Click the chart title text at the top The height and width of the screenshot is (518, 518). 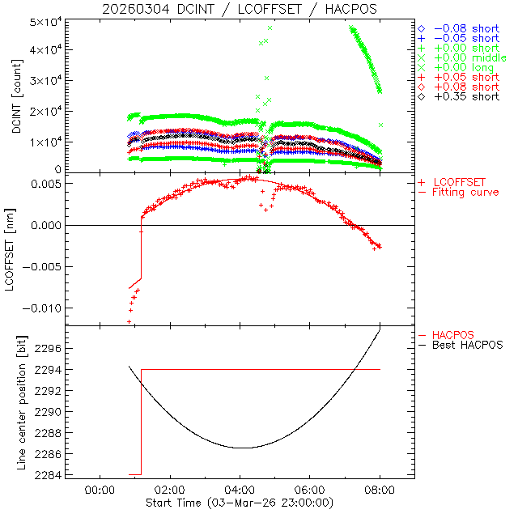(x=239, y=9)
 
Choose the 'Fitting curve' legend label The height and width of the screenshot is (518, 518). (x=466, y=192)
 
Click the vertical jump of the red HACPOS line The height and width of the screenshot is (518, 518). (x=142, y=421)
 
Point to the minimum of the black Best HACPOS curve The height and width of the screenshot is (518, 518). (x=241, y=448)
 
